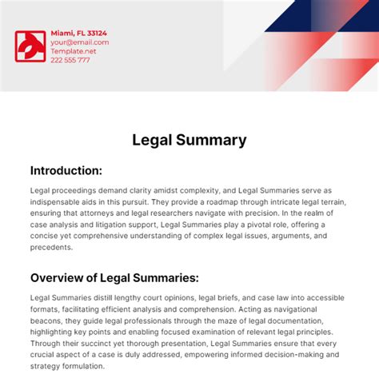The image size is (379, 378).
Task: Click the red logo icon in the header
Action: (30, 47)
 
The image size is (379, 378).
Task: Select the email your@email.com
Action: (79, 42)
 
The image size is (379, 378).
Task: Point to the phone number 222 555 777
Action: (70, 60)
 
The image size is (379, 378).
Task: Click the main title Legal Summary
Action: (189, 140)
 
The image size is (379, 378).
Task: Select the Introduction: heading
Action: (66, 170)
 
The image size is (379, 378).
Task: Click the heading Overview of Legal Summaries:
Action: (114, 278)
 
